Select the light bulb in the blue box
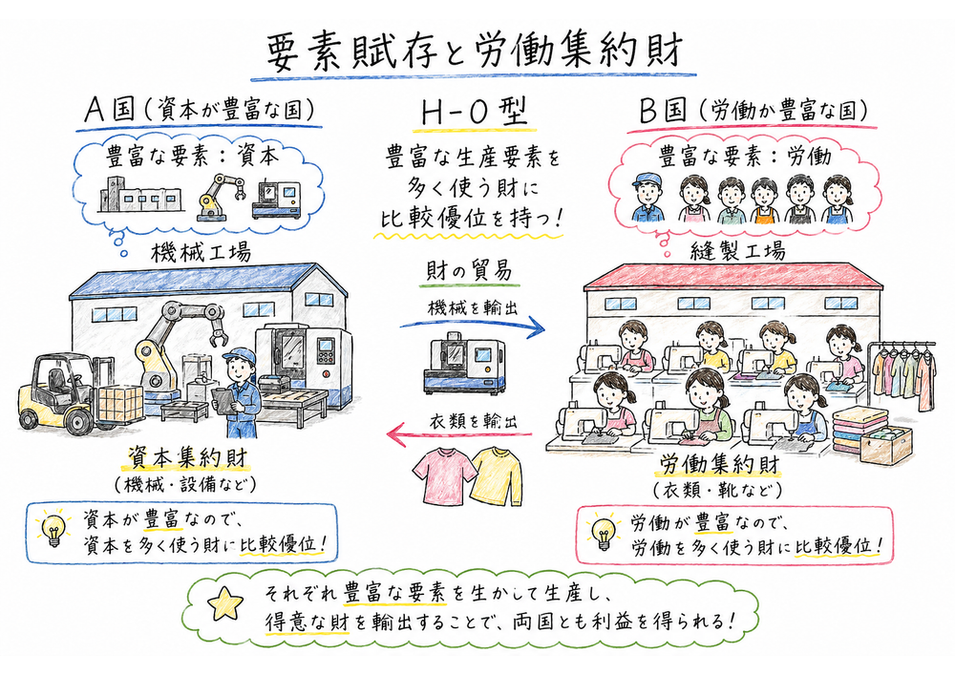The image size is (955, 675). point(53,528)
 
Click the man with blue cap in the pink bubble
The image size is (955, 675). point(647,198)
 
